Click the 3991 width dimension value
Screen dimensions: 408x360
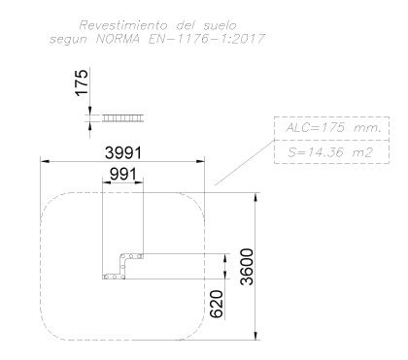pos(123,152)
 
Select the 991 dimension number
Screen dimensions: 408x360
pos(123,175)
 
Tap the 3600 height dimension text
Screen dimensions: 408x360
pos(247,267)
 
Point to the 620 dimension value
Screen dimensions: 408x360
pos(217,304)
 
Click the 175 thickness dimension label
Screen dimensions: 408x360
pos(82,82)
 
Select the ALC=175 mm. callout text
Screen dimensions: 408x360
pos(332,128)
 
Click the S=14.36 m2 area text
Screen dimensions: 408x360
pos(330,152)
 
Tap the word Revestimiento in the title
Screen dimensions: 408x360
pos(123,25)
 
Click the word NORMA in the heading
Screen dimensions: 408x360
pos(119,39)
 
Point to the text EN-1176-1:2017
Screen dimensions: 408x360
pos(207,39)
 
